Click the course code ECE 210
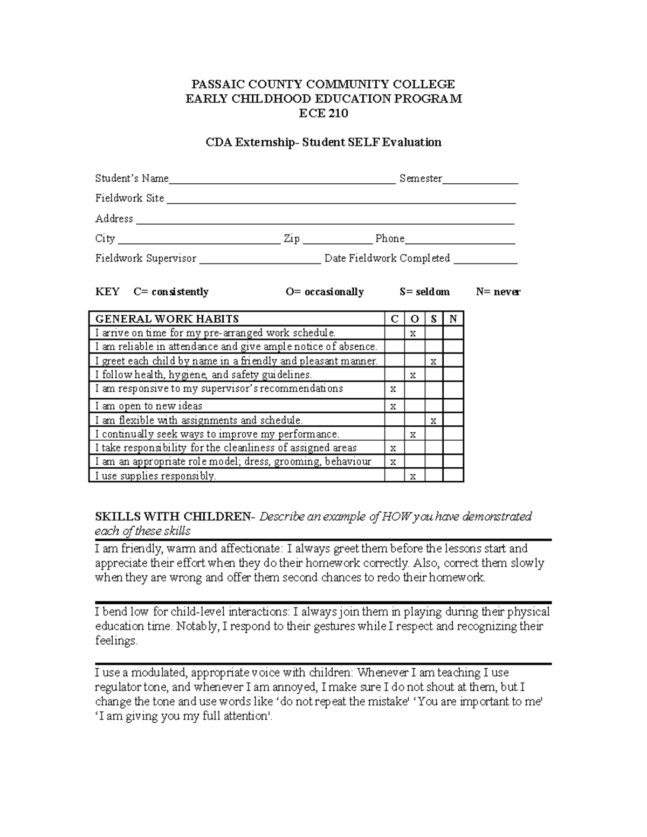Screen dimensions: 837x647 click(x=323, y=113)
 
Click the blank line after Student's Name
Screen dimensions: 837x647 click(x=282, y=179)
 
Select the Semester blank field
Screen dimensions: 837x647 click(x=480, y=179)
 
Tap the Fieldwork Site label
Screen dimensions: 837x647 click(x=129, y=198)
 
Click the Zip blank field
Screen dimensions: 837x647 click(x=338, y=239)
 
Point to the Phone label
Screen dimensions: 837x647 click(x=390, y=239)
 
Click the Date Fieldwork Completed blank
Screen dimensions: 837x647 click(x=485, y=259)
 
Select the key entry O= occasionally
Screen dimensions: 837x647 click(x=325, y=292)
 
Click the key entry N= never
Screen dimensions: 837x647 click(x=498, y=292)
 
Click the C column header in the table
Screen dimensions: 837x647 click(x=394, y=319)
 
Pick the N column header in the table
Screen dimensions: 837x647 click(x=453, y=319)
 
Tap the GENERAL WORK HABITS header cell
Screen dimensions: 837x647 click(x=167, y=319)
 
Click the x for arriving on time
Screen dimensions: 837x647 click(x=413, y=334)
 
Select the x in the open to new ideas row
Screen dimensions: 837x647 click(x=393, y=406)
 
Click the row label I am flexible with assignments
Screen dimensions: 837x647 click(x=199, y=420)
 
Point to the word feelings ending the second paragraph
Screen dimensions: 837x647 click(x=115, y=641)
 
